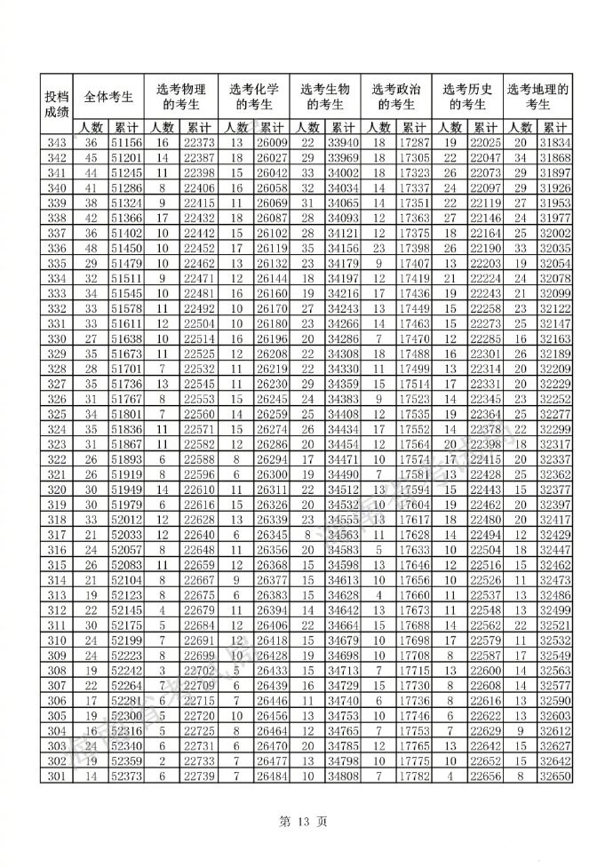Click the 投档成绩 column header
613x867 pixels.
pyautogui.click(x=57, y=104)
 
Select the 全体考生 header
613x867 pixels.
pyautogui.click(x=107, y=97)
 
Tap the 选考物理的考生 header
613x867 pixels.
pyautogui.click(x=180, y=97)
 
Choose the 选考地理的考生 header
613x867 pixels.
pyautogui.click(x=537, y=97)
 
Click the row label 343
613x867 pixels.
pyautogui.click(x=57, y=143)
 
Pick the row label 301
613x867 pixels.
pyautogui.click(x=57, y=778)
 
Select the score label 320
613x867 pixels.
pyautogui.click(x=57, y=490)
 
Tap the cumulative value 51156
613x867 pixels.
pyautogui.click(x=126, y=143)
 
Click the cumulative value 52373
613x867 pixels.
pyautogui.click(x=126, y=778)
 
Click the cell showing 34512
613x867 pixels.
pyautogui.click(x=343, y=490)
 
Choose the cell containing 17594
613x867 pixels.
pyautogui.click(x=414, y=490)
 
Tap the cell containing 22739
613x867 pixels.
pyautogui.click(x=199, y=778)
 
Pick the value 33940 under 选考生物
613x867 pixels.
pyautogui.click(x=343, y=143)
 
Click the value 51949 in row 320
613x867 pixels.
pyautogui.click(x=126, y=490)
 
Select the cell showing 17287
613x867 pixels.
pyautogui.click(x=414, y=143)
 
